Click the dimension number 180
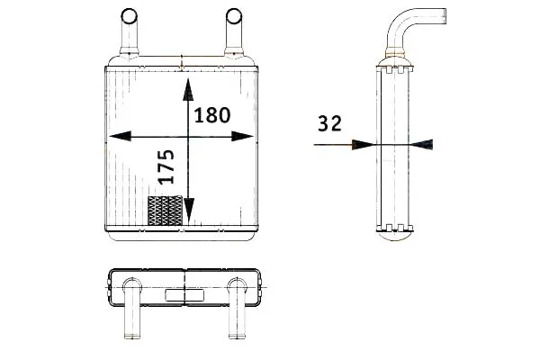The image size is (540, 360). click(x=212, y=115)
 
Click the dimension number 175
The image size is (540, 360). click(x=166, y=166)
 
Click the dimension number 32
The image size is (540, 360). click(x=329, y=123)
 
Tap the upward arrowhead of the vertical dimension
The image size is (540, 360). click(x=188, y=89)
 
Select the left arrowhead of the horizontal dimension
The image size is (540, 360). click(x=121, y=136)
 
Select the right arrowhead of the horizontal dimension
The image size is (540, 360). click(x=242, y=137)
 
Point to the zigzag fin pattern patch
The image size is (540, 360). click(x=165, y=211)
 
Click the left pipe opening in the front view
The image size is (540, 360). click(x=129, y=16)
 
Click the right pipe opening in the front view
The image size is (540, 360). click(x=234, y=16)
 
